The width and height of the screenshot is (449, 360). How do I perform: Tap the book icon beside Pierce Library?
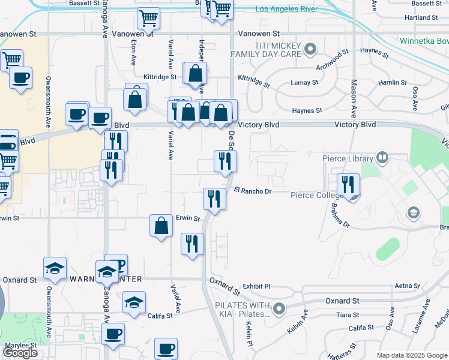[382, 158]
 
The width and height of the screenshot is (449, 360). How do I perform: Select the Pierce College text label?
[315, 195]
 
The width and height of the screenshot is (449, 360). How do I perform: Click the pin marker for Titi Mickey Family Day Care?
[310, 49]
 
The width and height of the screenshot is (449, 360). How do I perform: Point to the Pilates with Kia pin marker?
[279, 310]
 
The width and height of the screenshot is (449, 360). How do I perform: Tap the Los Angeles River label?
[285, 9]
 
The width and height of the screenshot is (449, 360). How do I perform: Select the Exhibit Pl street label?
[257, 287]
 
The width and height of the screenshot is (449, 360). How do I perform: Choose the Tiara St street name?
[348, 315]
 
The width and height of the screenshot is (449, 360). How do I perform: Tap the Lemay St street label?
[304, 82]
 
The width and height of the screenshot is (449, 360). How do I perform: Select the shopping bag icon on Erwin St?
[161, 226]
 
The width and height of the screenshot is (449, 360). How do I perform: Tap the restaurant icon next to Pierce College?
[348, 185]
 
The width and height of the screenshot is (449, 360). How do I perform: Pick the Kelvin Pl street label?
[248, 334]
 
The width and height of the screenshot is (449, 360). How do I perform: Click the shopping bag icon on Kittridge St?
[195, 74]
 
